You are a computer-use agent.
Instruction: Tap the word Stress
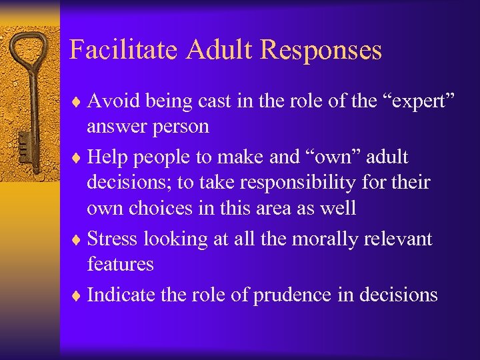(109, 239)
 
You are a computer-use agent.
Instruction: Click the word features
(120, 265)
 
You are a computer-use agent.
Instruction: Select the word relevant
(399, 239)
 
